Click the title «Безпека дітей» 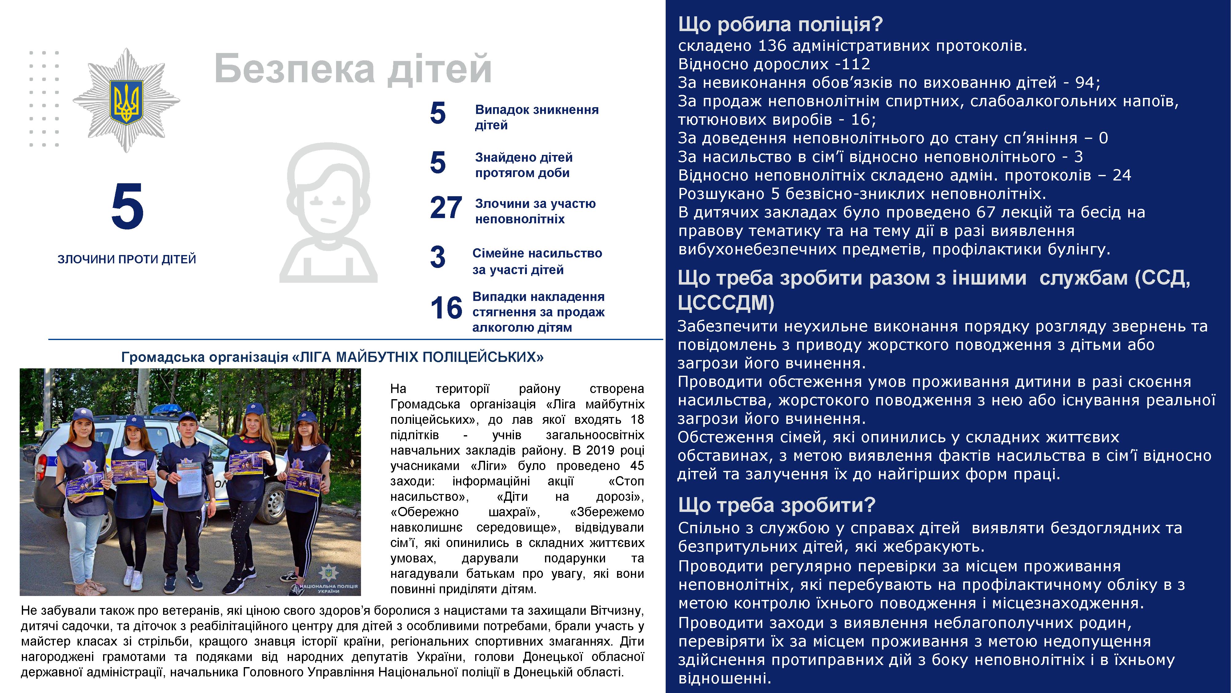point(353,69)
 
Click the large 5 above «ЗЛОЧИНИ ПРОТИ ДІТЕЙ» point(127,207)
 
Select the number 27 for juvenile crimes point(445,208)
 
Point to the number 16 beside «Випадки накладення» point(446,308)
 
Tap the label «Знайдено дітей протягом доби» point(523,165)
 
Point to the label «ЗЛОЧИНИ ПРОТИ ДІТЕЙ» point(126,259)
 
